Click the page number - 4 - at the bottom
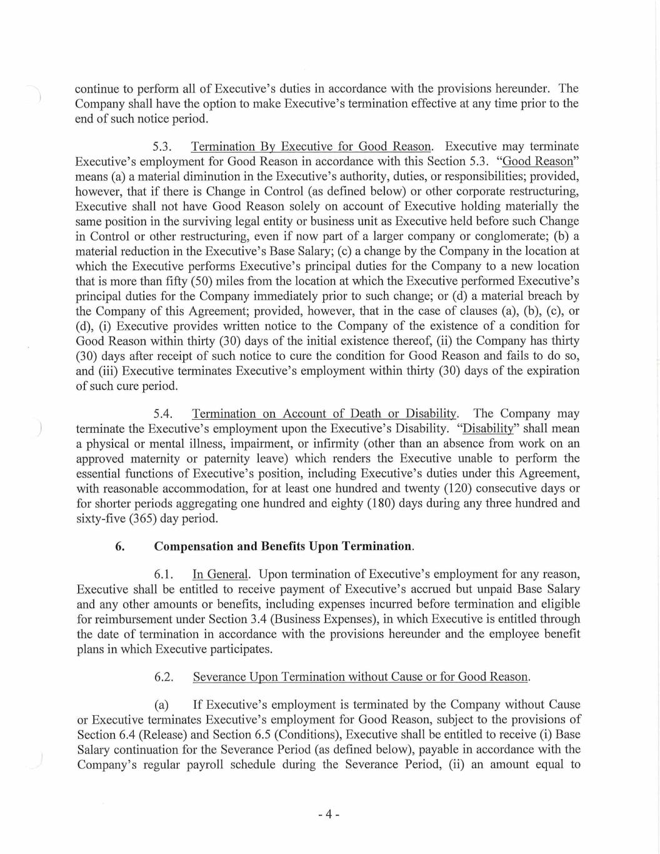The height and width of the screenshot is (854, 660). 328,815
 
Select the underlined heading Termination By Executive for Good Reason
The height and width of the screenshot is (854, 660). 311,147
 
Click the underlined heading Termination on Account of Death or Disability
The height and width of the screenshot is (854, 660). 325,414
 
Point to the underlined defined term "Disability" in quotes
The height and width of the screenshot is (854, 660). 487,429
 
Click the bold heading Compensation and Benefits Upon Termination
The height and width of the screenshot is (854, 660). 284,546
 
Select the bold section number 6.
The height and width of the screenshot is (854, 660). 119,546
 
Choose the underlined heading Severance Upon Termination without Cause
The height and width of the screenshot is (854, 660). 361,677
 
